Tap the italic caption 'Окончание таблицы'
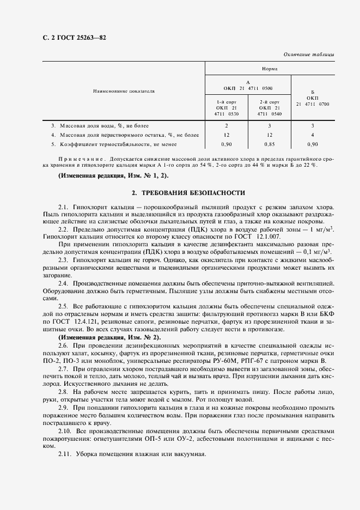click(x=309, y=55)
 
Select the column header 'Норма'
click(x=269, y=69)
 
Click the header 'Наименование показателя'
click(x=124, y=91)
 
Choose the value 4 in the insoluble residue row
click(x=313, y=135)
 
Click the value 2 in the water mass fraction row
click(x=225, y=125)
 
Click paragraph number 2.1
click(x=63, y=208)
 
